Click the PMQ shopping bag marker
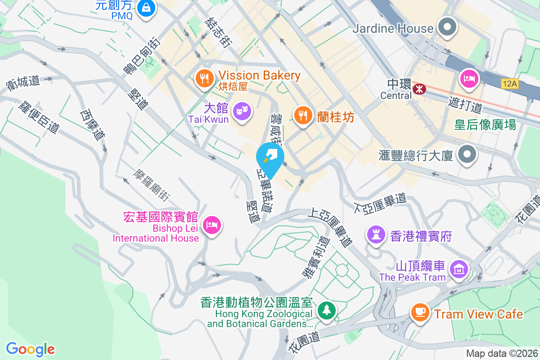tap(146, 8)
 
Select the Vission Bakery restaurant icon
tap(204, 78)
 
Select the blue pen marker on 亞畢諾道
tap(270, 156)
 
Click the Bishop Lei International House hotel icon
tap(211, 224)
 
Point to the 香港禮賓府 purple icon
tap(375, 234)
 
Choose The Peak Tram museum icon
tap(459, 269)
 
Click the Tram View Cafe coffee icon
tap(420, 311)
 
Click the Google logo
tap(30, 349)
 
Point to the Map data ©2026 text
tap(501, 354)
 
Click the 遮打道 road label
tap(465, 106)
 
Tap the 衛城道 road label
tap(23, 82)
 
